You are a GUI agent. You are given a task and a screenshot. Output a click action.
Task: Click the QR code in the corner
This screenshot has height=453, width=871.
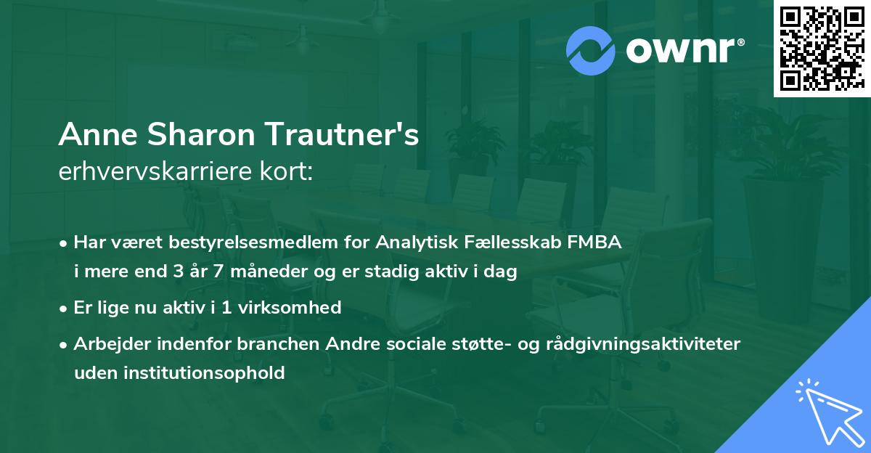(822, 49)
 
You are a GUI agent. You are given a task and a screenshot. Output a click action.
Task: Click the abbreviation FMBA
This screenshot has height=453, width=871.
(597, 242)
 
